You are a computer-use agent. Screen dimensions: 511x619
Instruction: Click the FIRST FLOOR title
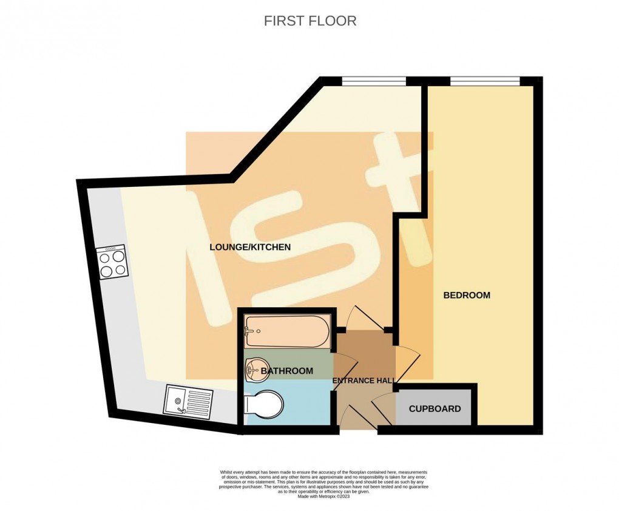click(x=309, y=21)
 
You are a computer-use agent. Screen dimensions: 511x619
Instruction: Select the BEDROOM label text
click(x=466, y=296)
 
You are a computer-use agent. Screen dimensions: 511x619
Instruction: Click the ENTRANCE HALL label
click(x=364, y=381)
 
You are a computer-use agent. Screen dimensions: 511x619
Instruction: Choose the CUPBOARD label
click(x=435, y=408)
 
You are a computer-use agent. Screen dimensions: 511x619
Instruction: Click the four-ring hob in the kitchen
click(x=112, y=262)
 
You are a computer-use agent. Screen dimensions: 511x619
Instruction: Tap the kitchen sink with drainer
click(x=189, y=401)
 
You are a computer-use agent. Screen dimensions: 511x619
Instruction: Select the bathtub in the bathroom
click(x=286, y=332)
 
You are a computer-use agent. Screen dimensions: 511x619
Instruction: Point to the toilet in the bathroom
click(x=262, y=405)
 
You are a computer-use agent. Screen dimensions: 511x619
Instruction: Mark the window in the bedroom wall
click(x=484, y=81)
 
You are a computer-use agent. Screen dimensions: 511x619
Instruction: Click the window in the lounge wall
click(x=373, y=81)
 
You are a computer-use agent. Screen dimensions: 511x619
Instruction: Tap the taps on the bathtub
click(x=248, y=332)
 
